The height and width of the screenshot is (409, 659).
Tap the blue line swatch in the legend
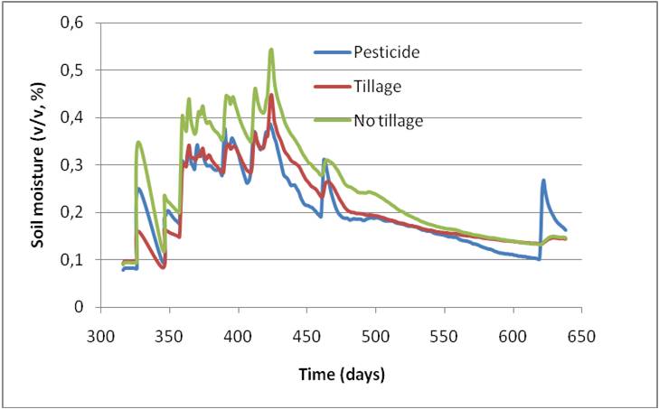click(331, 52)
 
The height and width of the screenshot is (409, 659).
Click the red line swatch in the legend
click(331, 87)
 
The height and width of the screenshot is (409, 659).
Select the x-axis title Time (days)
click(343, 374)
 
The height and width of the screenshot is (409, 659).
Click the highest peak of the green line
click(271, 50)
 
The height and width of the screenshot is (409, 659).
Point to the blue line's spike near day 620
click(543, 181)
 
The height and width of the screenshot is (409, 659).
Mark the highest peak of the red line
click(271, 95)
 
